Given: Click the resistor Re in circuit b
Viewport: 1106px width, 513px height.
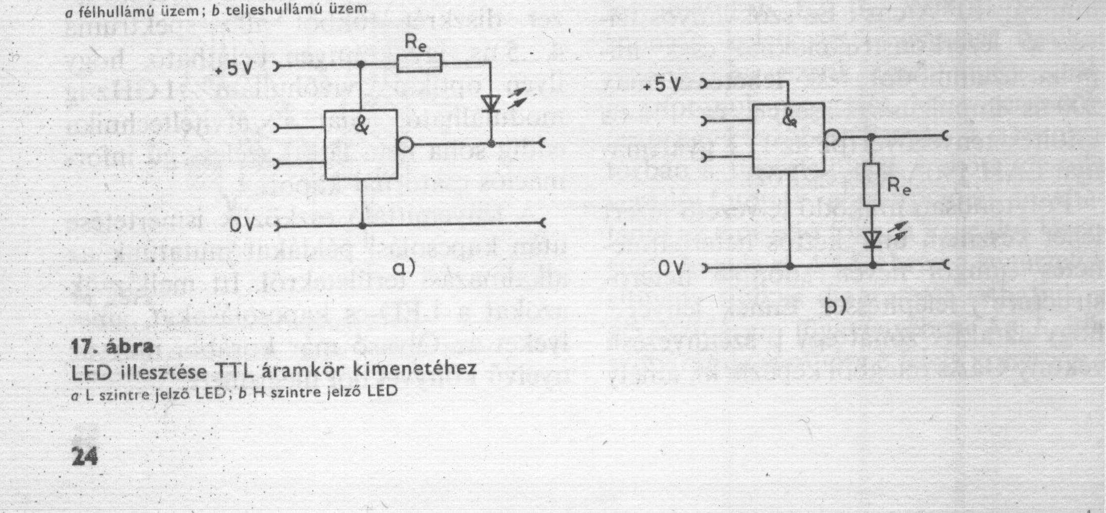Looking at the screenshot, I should [872, 185].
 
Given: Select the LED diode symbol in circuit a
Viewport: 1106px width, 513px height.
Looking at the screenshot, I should [491, 104].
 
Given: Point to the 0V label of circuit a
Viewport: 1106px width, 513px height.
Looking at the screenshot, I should [242, 225].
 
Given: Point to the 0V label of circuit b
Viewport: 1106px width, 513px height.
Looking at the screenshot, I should [671, 269].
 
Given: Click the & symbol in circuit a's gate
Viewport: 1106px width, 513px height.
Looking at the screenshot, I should [362, 126].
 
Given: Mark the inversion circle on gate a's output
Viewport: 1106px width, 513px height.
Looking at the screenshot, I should [405, 145].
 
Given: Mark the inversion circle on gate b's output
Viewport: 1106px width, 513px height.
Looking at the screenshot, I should [832, 137].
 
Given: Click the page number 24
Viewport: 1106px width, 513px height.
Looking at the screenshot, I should [85, 456].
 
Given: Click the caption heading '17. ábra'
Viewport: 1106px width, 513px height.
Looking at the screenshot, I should [113, 347].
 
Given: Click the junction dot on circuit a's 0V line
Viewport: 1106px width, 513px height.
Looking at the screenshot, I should [362, 226].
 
